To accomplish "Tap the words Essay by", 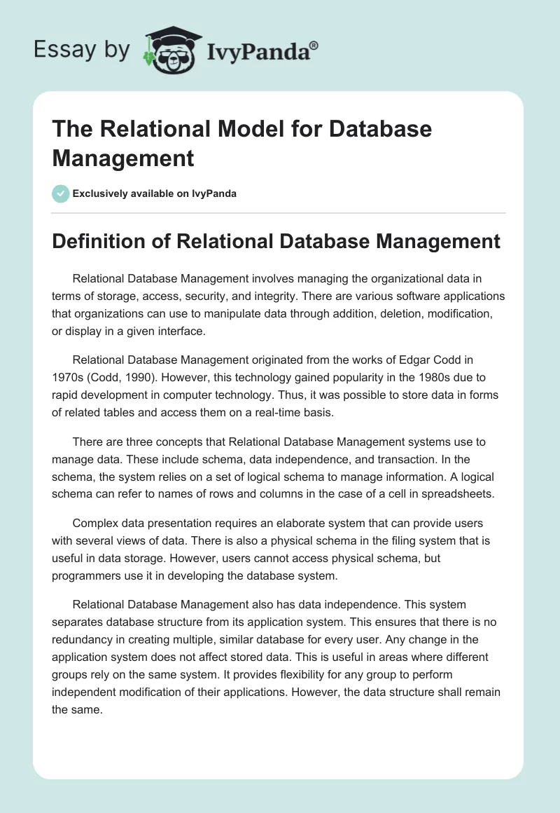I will point(81,49).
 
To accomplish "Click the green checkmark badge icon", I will point(61,193).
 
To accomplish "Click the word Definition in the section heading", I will point(92,242).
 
